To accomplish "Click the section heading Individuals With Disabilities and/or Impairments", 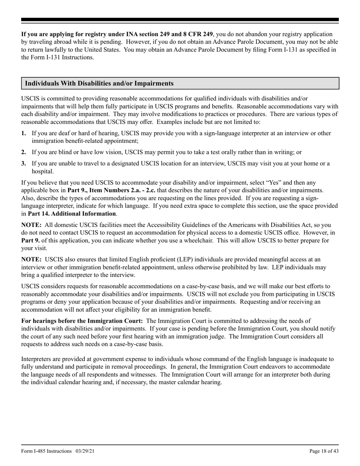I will tap(99, 83).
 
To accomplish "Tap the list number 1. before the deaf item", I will tap(24, 133).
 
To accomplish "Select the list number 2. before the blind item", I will tap(24, 152).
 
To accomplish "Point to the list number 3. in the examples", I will tap(24, 164).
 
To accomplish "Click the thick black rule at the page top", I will tap(180, 20).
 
